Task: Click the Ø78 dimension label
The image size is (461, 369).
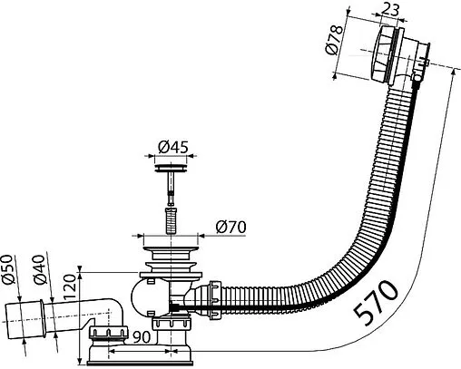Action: click(335, 40)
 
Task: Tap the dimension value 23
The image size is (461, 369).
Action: click(390, 10)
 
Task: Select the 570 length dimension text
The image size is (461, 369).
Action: click(376, 304)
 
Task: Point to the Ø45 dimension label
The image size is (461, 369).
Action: click(173, 147)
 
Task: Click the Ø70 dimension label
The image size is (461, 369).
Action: click(230, 228)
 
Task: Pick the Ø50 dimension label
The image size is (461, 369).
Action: click(9, 269)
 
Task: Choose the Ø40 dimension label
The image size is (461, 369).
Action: click(40, 269)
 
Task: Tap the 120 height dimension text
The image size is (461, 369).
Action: click(70, 286)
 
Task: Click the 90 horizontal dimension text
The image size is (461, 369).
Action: click(141, 336)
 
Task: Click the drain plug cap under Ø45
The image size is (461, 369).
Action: click(172, 168)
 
